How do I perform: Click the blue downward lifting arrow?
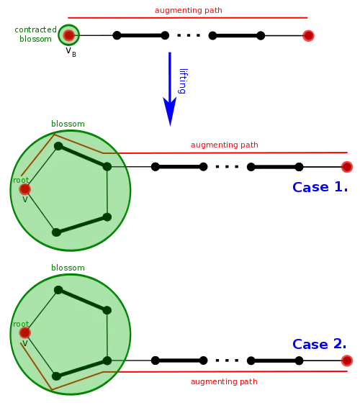pos(171,90)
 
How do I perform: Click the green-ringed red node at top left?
pos(68,35)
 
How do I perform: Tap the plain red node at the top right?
pos(309,35)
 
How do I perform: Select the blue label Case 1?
pos(320,188)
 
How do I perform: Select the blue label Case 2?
pos(320,344)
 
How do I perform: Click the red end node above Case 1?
pos(347,167)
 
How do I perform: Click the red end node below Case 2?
pos(347,360)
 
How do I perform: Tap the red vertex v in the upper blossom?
pos(24,189)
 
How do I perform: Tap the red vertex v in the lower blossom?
pos(24,333)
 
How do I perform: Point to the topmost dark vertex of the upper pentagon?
pos(59,146)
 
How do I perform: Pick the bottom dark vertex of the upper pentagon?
pos(55,232)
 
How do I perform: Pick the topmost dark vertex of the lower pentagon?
pos(59,289)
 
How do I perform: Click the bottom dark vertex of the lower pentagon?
pos(55,375)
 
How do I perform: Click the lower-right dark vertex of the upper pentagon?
pos(107,216)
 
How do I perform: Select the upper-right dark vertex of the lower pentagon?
pos(107,310)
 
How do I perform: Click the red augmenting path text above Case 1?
pos(223,145)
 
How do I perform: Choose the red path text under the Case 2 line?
pos(223,382)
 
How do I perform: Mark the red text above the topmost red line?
pos(189,10)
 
